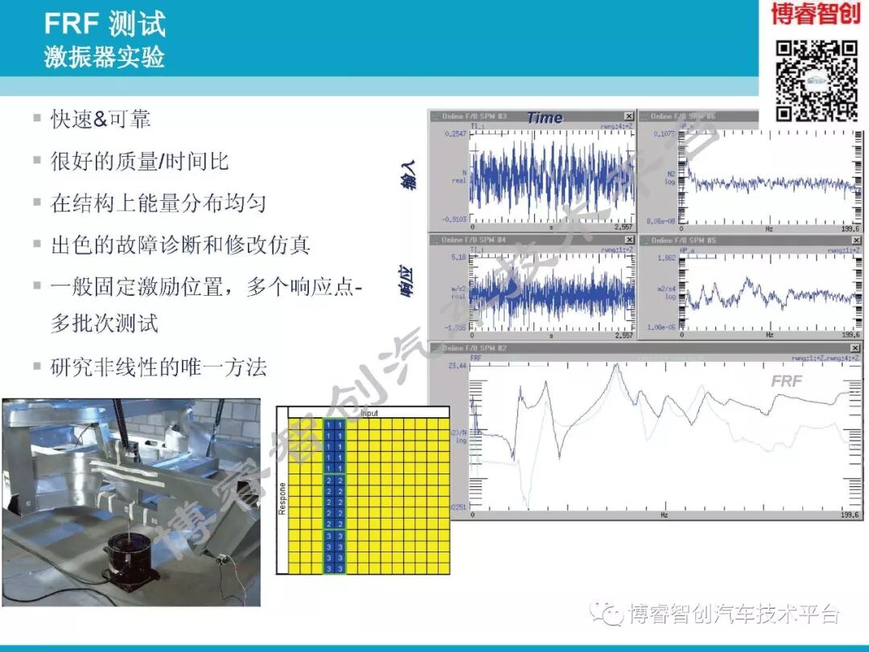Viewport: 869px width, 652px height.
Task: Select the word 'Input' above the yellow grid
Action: point(369,412)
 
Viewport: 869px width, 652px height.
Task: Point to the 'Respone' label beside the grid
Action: point(282,498)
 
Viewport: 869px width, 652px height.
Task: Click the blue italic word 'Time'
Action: point(545,117)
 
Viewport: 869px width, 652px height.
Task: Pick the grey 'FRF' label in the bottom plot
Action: point(786,381)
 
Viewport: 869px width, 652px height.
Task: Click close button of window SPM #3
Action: point(628,117)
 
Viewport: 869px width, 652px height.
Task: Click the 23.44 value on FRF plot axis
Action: point(457,365)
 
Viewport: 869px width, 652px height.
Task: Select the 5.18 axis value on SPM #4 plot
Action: point(459,257)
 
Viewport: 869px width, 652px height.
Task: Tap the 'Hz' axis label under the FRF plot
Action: point(665,514)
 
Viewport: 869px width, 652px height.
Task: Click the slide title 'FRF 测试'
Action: point(105,24)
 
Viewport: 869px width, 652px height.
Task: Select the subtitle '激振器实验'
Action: point(105,57)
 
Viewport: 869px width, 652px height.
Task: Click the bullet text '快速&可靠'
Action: point(101,120)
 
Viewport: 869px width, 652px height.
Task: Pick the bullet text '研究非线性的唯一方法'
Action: point(158,367)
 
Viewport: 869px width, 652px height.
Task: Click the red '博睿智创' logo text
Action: point(816,14)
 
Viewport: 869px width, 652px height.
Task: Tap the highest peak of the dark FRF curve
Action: point(616,366)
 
